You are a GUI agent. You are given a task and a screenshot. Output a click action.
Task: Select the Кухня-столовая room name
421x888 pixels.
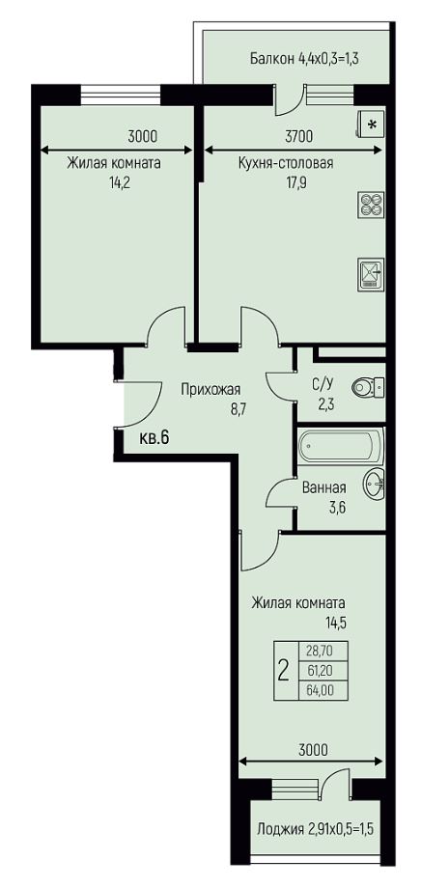(x=286, y=163)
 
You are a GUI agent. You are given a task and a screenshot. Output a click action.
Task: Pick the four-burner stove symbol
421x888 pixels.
(x=372, y=205)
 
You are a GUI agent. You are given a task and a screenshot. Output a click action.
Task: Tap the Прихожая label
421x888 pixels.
(x=210, y=390)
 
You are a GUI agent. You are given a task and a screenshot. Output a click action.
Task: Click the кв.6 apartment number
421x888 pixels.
(x=154, y=437)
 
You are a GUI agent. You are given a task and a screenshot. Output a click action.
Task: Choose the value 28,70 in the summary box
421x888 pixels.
(x=320, y=652)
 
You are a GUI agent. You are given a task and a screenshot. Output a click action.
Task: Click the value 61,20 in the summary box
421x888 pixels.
(x=320, y=670)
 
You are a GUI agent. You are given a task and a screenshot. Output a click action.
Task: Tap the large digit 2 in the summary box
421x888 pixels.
(x=284, y=671)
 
